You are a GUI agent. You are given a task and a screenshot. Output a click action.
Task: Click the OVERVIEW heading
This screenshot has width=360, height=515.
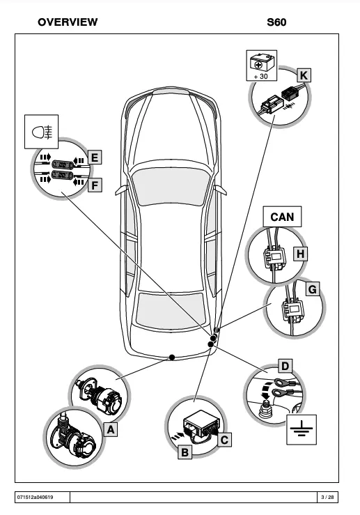[x=68, y=22]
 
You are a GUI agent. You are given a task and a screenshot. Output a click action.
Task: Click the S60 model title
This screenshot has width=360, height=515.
[x=276, y=22]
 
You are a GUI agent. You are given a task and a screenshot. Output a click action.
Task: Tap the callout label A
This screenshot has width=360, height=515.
[x=111, y=429]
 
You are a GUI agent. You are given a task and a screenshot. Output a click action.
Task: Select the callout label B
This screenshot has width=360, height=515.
[x=185, y=452]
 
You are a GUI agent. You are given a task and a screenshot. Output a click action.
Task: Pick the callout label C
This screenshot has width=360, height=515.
[x=224, y=440]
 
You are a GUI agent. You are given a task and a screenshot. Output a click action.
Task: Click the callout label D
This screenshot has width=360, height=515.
[x=285, y=367]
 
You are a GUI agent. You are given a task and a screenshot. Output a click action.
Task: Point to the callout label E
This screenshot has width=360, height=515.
[x=95, y=157]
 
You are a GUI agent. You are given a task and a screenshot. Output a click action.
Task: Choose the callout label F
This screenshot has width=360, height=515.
[x=95, y=185]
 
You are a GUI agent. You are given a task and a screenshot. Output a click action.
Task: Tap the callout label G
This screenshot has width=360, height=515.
[x=313, y=289]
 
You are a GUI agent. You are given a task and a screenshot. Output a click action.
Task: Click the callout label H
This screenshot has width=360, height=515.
[x=300, y=254]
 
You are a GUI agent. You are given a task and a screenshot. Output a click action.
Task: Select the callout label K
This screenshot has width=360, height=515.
[x=304, y=75]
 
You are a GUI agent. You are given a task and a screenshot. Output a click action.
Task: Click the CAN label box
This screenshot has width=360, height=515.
[x=282, y=217]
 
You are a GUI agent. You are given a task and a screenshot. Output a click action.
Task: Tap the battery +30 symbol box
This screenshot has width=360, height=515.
[x=262, y=66]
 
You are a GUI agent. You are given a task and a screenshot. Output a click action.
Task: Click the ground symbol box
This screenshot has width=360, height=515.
[x=302, y=429]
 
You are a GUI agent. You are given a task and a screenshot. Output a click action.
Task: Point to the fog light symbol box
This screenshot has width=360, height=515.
[x=41, y=132]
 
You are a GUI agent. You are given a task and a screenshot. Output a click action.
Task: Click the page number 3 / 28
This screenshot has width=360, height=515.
[x=327, y=497]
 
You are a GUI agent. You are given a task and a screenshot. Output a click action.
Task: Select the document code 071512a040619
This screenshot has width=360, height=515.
[x=35, y=497]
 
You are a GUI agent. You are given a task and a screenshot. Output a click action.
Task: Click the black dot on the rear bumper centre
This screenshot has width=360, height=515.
[x=171, y=357]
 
